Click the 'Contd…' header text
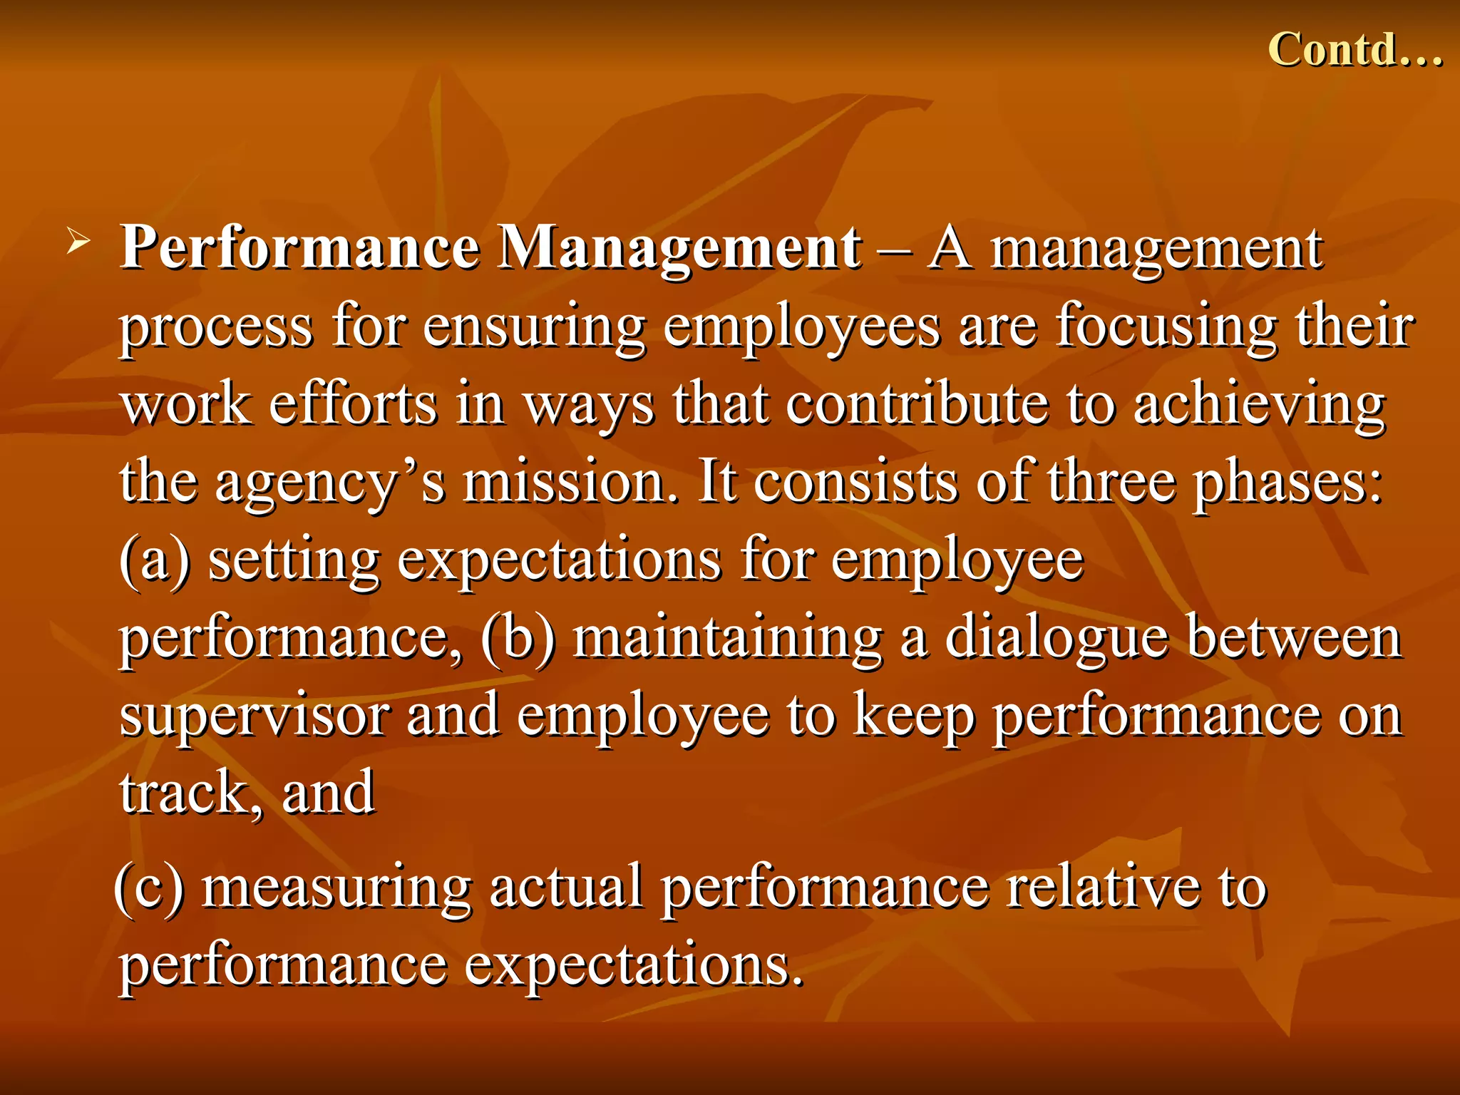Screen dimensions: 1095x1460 pyautogui.click(x=1355, y=50)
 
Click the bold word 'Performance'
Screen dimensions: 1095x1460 pyautogui.click(x=299, y=248)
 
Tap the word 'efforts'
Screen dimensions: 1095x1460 pyautogui.click(x=353, y=404)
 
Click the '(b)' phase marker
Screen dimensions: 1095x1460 pyautogui.click(x=518, y=638)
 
